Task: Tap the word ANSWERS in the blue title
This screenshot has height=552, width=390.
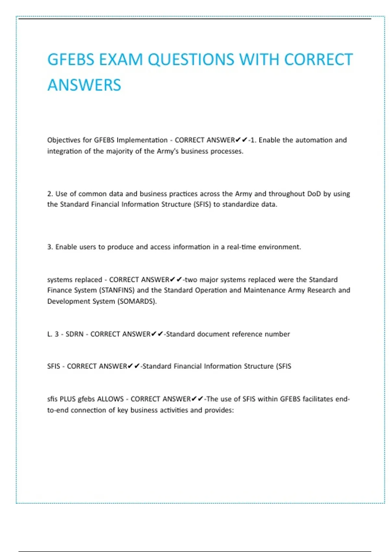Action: pyautogui.click(x=84, y=85)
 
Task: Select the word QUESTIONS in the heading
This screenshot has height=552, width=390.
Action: pyautogui.click(x=191, y=59)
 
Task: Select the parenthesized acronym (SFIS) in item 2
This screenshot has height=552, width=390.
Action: pyautogui.click(x=202, y=204)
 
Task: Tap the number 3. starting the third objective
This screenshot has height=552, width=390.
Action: pyautogui.click(x=50, y=247)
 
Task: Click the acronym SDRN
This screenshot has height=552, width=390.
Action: pyautogui.click(x=74, y=334)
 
